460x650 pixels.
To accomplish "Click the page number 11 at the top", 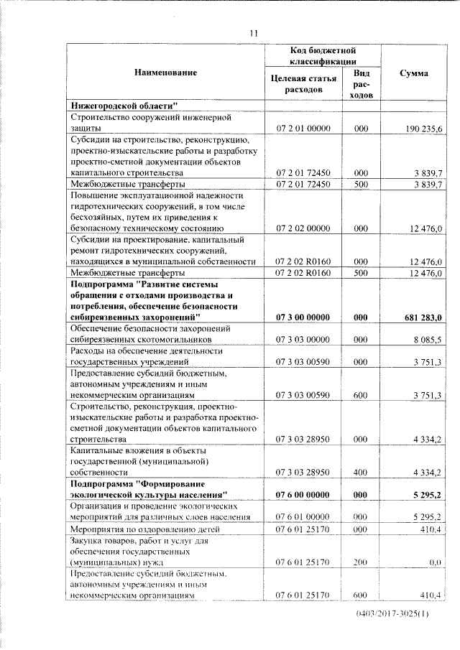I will point(253,32).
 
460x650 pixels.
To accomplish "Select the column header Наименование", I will point(165,73).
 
